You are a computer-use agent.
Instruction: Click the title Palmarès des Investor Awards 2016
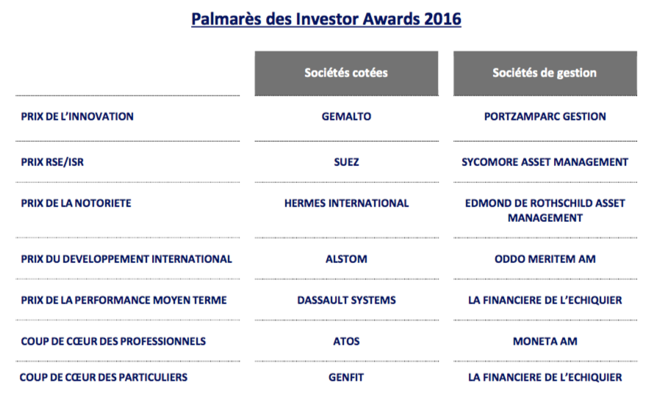[325, 18]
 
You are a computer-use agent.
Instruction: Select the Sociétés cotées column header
[346, 73]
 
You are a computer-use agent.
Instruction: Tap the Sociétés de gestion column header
[544, 73]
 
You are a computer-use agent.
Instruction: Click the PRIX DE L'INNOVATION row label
[77, 117]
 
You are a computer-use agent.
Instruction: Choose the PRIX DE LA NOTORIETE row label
[76, 203]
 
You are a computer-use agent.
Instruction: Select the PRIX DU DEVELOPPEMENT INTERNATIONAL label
[126, 259]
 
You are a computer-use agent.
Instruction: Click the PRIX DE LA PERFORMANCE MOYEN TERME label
[123, 300]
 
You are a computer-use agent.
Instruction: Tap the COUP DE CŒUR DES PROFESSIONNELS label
[113, 341]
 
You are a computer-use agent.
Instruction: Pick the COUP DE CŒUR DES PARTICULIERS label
[104, 378]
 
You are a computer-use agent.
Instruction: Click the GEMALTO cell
[346, 117]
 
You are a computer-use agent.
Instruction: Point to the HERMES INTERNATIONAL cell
[346, 203]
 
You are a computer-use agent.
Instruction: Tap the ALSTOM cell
[346, 259]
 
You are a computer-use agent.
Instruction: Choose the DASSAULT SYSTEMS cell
[346, 300]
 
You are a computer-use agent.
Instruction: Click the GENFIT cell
[346, 378]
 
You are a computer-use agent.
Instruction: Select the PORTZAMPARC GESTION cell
[544, 117]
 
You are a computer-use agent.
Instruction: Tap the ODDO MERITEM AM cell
[544, 259]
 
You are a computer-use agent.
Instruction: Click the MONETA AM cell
[544, 341]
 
